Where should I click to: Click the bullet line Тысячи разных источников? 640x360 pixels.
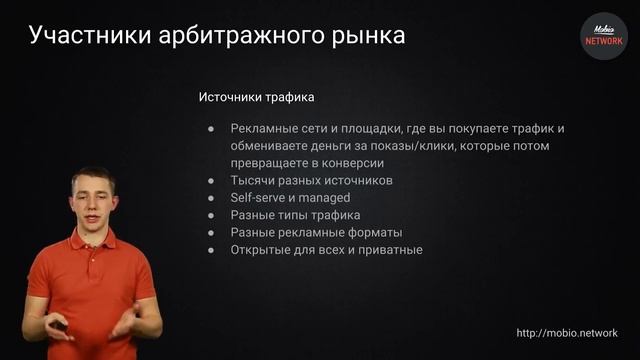311,181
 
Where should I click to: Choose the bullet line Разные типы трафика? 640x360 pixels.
295,215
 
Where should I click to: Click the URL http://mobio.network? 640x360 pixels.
566,333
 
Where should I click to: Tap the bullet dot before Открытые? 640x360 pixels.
212,250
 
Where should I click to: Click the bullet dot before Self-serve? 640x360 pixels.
212,198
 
